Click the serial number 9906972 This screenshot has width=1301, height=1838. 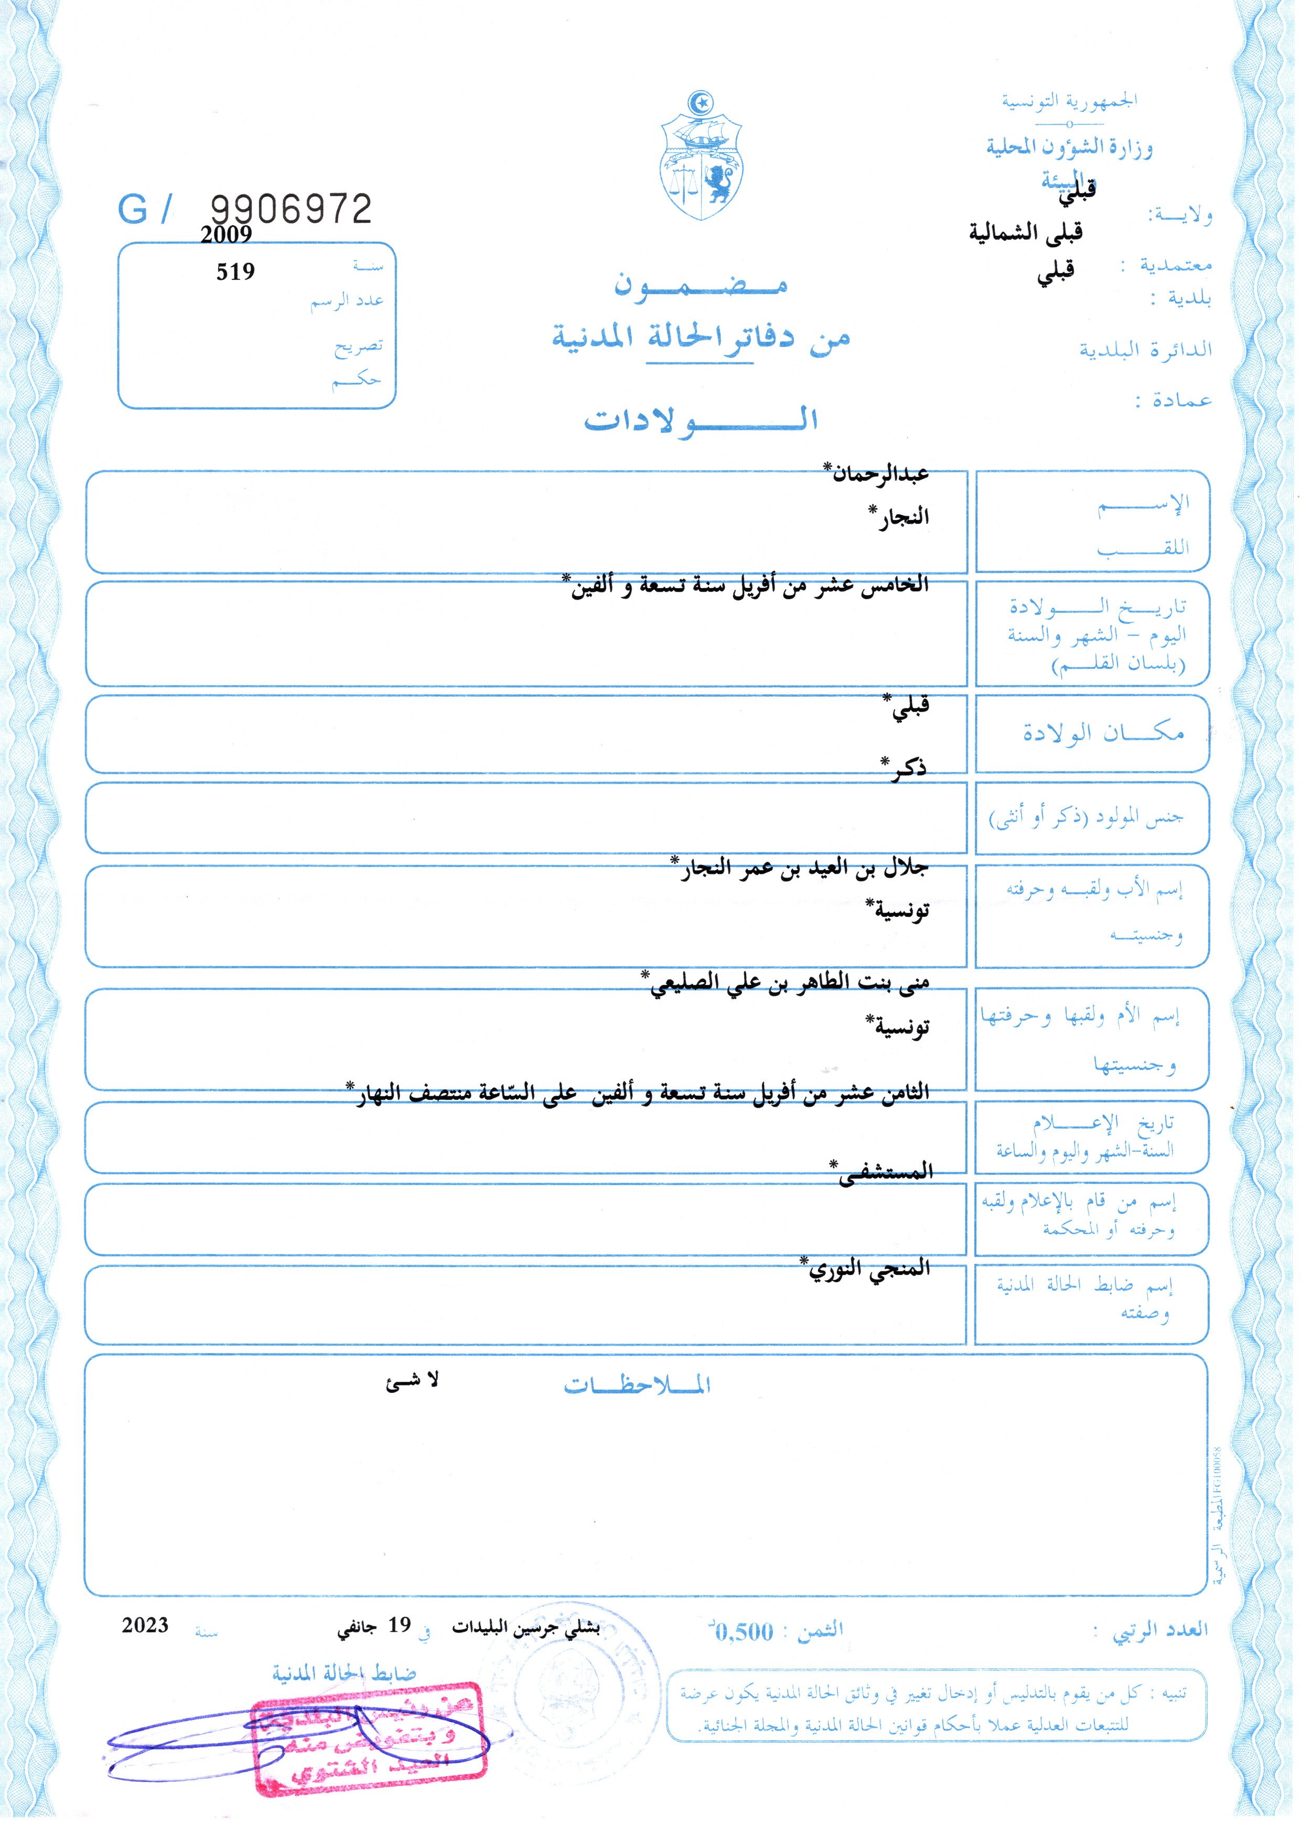click(x=291, y=210)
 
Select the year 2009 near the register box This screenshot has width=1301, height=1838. click(x=226, y=235)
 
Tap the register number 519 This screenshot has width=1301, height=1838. click(x=235, y=272)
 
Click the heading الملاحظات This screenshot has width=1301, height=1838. click(x=637, y=1386)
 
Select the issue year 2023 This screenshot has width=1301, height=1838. click(x=145, y=1625)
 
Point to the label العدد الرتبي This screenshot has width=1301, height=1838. click(x=1159, y=1630)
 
